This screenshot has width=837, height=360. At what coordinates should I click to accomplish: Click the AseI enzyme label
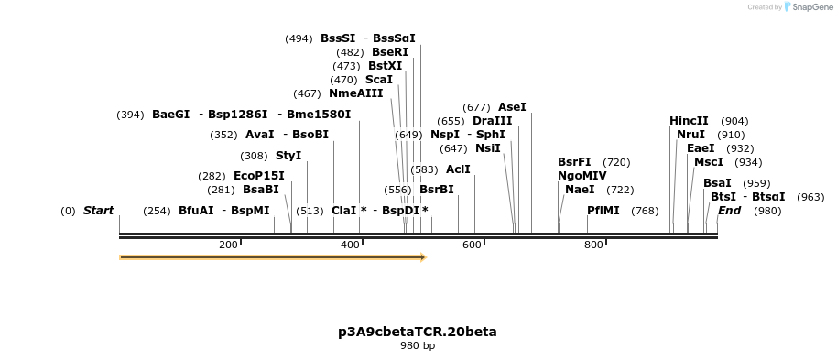(512, 107)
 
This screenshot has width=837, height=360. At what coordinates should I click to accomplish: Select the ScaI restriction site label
(378, 80)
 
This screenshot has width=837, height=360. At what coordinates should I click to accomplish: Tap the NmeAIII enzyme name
(355, 93)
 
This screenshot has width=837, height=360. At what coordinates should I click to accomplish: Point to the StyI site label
(288, 156)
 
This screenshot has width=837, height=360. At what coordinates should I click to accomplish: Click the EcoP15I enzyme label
(258, 176)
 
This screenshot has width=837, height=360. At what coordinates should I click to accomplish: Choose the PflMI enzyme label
(603, 211)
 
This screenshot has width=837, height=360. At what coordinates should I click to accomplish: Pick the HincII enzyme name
(689, 121)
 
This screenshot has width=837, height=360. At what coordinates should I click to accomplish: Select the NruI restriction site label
(690, 135)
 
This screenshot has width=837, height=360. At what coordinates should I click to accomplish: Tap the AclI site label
(458, 169)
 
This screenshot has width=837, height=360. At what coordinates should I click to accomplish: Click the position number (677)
(476, 107)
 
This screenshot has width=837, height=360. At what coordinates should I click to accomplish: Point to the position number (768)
(645, 211)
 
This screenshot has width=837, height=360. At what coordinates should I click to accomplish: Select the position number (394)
(130, 115)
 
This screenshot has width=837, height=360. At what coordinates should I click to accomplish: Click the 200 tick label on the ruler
(228, 245)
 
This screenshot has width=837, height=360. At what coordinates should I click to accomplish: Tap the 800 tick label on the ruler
(593, 245)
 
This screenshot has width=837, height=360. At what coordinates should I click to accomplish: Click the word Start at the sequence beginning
(98, 211)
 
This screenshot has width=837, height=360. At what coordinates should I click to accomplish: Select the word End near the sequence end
(729, 211)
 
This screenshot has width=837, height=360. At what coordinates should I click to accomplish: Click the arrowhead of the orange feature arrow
(423, 257)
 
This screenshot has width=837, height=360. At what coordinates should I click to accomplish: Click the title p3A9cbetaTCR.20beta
(418, 332)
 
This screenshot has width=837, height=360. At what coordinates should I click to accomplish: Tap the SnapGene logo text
(811, 7)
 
